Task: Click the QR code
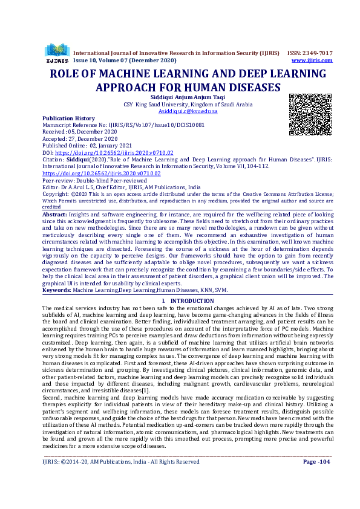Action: (310, 114)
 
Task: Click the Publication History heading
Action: (68, 118)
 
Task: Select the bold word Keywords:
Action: (57, 290)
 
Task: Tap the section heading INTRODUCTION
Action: (188, 300)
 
